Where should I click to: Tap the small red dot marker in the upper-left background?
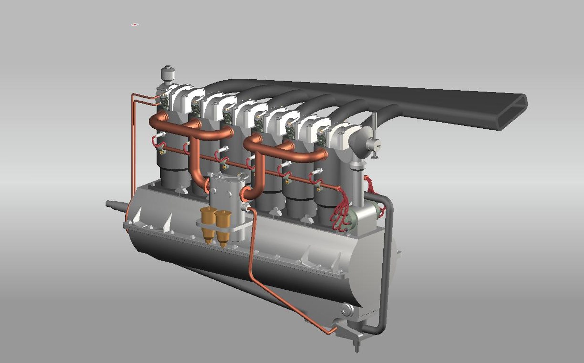[x=135, y=25]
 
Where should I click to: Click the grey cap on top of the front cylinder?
[x=166, y=74]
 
